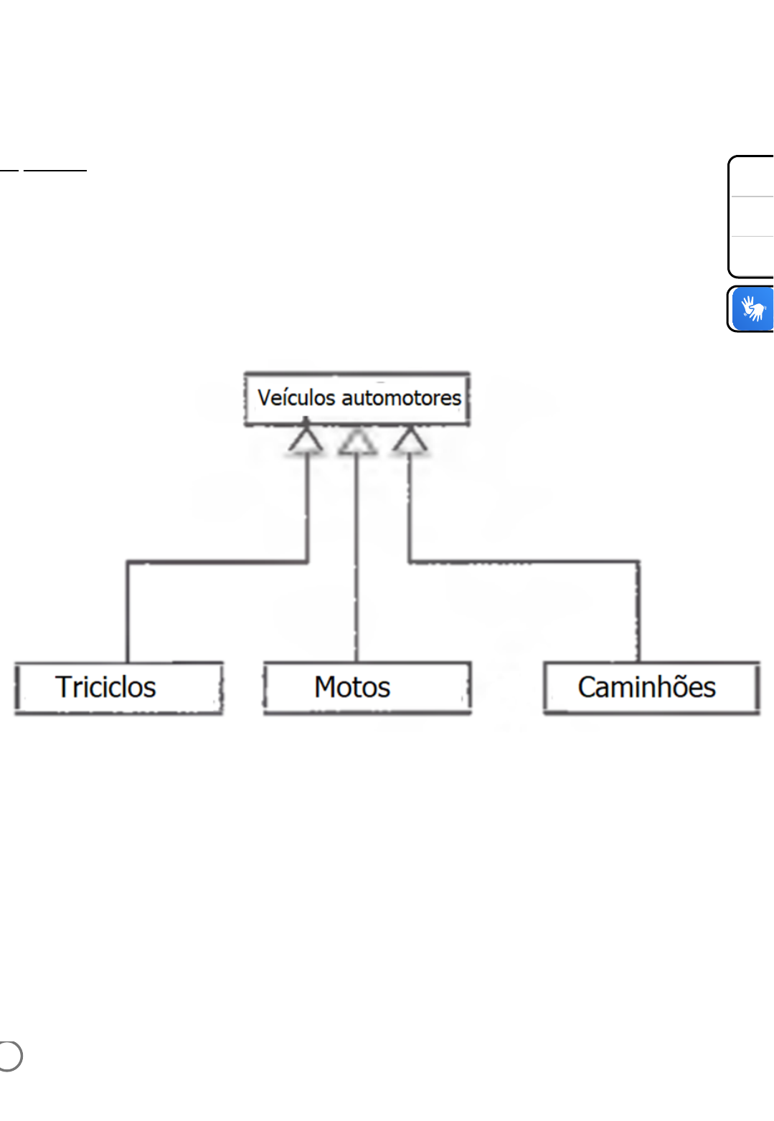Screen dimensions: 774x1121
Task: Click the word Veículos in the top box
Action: tap(296, 398)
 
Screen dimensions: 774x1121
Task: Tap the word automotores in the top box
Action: tap(402, 398)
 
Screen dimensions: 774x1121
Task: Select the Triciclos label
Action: tap(105, 686)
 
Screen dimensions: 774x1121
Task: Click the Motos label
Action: tap(352, 686)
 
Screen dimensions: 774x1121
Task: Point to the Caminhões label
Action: tap(647, 686)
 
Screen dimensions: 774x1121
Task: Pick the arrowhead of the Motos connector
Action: tap(357, 440)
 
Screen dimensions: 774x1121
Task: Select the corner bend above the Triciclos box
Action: tap(128, 562)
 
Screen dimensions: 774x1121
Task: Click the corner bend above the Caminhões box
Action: tap(638, 562)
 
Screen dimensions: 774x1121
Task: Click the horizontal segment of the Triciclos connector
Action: tap(217, 562)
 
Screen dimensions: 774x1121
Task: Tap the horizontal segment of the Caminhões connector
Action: tap(524, 562)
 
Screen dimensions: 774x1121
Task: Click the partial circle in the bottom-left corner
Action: tap(10, 1056)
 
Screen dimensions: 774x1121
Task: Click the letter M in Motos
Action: tap(326, 686)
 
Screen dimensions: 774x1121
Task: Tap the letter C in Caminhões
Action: tap(587, 687)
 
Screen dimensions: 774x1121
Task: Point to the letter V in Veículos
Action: tap(265, 398)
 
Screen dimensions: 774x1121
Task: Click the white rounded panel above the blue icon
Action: tap(751, 216)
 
